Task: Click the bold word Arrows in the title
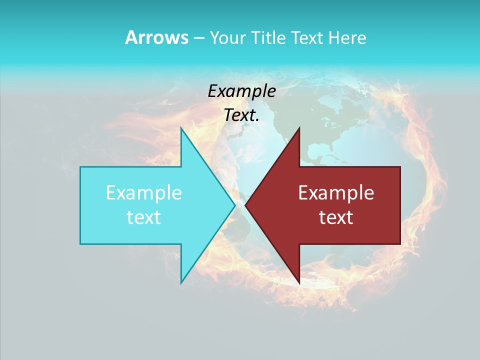[156, 38]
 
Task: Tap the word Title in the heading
[270, 38]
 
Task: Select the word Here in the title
[347, 38]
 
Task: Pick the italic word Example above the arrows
[242, 91]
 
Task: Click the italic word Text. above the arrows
[242, 115]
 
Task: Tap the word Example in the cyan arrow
[144, 193]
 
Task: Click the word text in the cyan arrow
[144, 217]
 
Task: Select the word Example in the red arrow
[336, 193]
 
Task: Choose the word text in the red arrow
[336, 217]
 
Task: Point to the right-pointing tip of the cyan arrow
[235, 205]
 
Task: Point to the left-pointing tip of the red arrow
[245, 205]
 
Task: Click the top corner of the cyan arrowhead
[181, 128]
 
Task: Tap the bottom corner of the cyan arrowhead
[181, 283]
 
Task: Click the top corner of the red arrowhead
[299, 128]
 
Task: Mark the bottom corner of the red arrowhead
[299, 283]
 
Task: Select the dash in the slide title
[198, 38]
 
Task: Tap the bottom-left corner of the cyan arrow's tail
[80, 244]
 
